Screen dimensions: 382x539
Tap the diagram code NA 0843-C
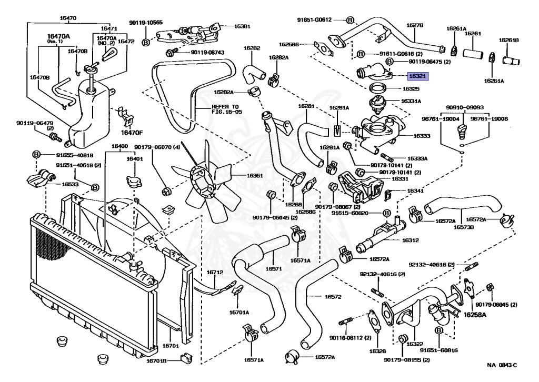(x=502, y=365)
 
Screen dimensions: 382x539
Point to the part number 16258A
(x=475, y=314)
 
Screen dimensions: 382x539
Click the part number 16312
(x=411, y=239)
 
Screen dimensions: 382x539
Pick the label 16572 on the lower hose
(x=333, y=297)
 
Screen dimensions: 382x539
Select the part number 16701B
(x=156, y=361)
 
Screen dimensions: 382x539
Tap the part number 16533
(x=70, y=185)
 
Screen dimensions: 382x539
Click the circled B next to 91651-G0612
(x=350, y=20)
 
